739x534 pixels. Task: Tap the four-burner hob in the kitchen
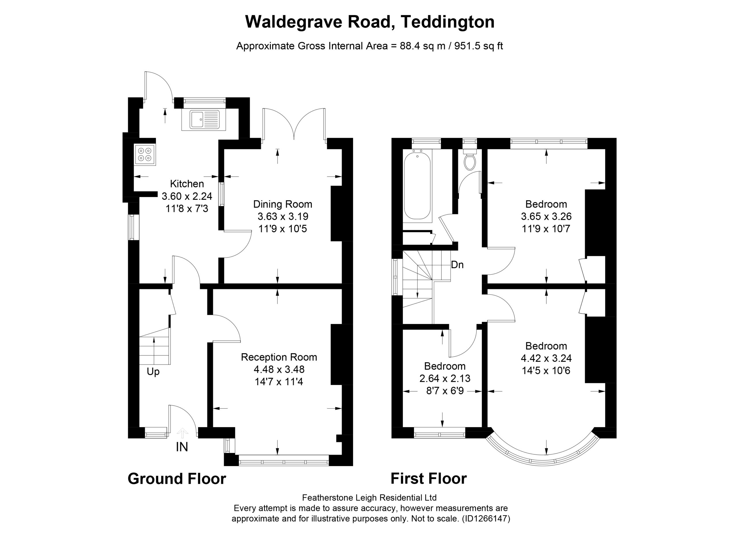coord(145,155)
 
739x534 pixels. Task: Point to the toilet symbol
coord(470,159)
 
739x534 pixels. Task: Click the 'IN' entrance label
coord(182,447)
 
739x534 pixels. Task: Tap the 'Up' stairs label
coord(153,372)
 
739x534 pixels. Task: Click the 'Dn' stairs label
coord(457,265)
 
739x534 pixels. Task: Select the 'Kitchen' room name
coord(187,184)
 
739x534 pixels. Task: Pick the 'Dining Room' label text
coord(283,204)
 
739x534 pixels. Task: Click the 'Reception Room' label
coord(279,357)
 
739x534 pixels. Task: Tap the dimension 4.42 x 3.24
coord(546,358)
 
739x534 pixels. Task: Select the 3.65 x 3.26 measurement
coord(546,217)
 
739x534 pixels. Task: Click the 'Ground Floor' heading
coord(177,479)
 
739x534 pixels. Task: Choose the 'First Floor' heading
coord(429,479)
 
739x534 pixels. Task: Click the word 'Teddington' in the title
coord(448,22)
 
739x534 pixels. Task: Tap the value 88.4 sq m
coord(423,46)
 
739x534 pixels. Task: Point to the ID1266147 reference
coord(486,519)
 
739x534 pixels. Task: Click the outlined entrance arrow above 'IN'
coord(182,433)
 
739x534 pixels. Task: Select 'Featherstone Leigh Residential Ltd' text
coord(369,498)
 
